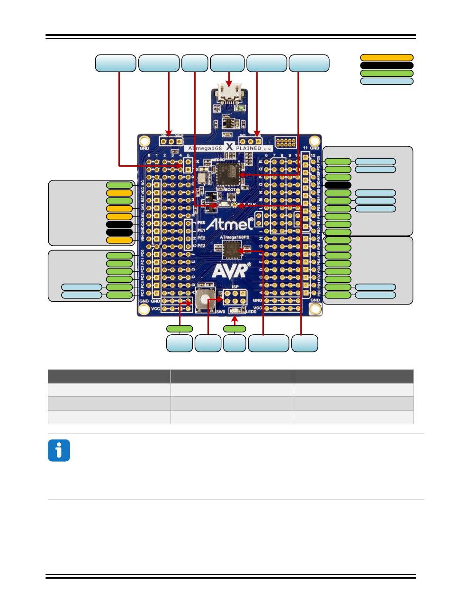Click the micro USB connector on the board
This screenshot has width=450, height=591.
[229, 93]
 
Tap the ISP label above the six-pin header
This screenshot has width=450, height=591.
[234, 287]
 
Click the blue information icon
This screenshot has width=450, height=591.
[59, 450]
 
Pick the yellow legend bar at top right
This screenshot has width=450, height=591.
[387, 58]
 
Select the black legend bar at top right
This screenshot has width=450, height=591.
[387, 65]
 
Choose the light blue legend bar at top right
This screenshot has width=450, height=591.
[387, 81]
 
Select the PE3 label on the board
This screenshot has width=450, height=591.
[201, 246]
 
